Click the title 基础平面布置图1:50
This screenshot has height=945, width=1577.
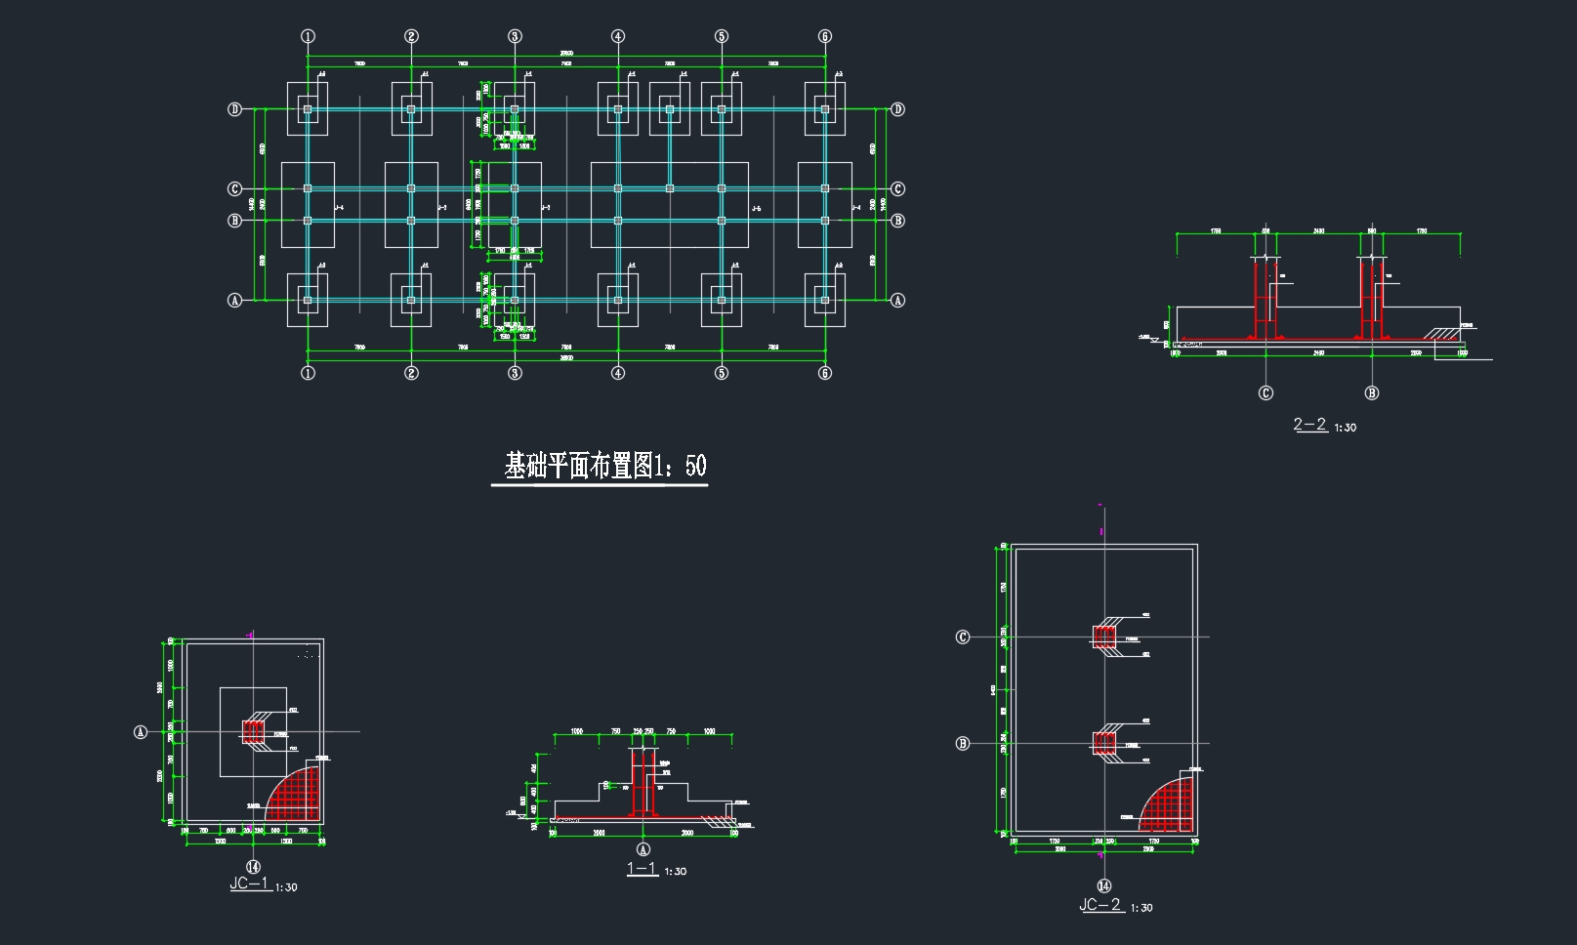tap(604, 467)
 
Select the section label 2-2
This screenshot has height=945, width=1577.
tap(1309, 425)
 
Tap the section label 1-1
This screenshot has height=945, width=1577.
tap(642, 869)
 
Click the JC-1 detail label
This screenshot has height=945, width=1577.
tap(249, 883)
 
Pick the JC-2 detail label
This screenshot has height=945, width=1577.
tap(1100, 905)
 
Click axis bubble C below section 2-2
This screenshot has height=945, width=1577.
tap(1266, 393)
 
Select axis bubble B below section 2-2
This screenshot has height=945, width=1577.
tap(1371, 393)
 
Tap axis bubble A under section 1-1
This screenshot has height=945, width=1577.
tap(643, 849)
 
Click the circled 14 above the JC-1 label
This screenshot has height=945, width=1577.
tap(253, 866)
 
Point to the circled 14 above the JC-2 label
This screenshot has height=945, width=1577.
tap(1103, 886)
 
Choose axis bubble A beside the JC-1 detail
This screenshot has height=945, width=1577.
tap(141, 731)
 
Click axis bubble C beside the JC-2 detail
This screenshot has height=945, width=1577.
tap(963, 637)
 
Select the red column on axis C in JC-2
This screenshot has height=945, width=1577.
tap(1104, 637)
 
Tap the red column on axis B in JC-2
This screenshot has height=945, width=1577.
tap(1104, 744)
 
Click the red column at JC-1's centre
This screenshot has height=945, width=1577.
tap(254, 731)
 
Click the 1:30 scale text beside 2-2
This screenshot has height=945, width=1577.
tap(1346, 428)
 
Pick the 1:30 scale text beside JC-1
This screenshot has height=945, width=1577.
tap(286, 887)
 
